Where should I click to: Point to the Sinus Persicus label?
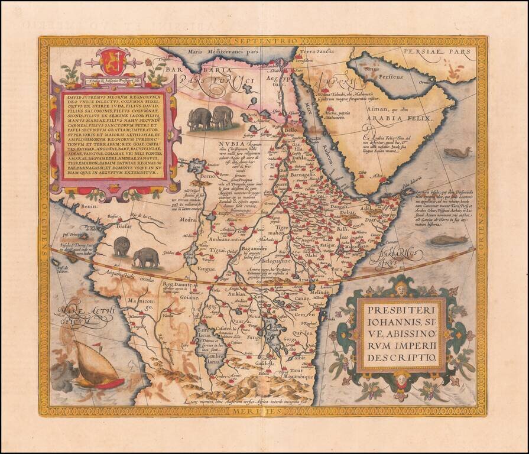tap(366, 70)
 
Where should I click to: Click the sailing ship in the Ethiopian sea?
tap(95, 369)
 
